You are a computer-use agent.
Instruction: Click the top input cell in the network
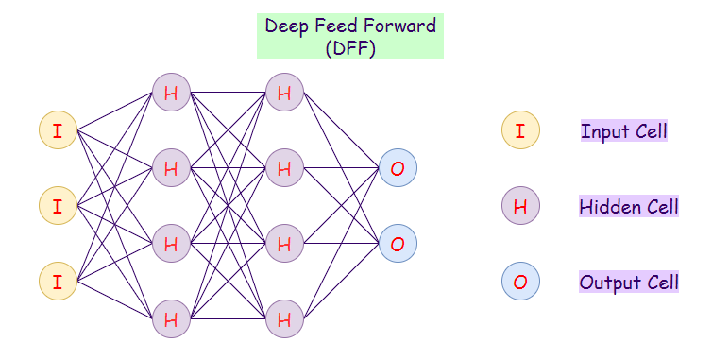58,130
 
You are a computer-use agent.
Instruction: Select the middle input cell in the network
58,206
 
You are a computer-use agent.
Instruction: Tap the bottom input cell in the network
58,281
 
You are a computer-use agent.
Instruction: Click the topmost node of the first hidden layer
171,93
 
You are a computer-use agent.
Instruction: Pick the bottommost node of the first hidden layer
171,318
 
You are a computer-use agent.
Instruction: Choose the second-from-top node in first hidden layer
171,168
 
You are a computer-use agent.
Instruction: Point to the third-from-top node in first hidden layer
171,244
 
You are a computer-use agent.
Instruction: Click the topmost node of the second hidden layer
283,93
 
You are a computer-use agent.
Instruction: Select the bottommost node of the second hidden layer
283,318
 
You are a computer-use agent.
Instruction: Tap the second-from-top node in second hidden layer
283,168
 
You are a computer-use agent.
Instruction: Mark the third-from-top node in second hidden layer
283,244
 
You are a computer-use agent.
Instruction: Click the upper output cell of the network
398,168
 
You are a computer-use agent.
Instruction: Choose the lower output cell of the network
398,244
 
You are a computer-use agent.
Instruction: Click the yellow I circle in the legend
520,130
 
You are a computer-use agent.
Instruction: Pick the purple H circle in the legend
520,206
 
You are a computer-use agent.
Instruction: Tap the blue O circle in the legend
520,282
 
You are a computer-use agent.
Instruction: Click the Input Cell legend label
624,131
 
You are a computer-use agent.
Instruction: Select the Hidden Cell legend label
628,206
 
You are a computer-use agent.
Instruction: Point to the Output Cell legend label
628,282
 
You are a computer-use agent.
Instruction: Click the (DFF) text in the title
349,47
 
